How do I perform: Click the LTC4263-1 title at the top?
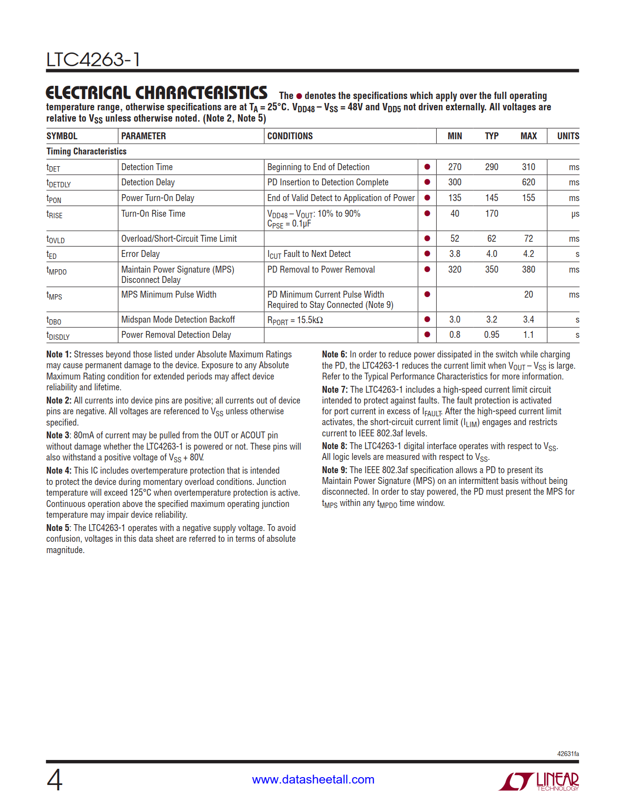[93, 60]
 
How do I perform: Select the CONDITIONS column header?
[290, 136]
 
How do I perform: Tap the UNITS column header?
[568, 136]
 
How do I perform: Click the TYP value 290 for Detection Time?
[491, 167]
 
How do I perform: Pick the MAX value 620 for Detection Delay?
[528, 182]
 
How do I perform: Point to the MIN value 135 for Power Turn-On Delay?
[454, 198]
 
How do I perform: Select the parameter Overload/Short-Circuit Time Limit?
[179, 239]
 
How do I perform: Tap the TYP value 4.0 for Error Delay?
[491, 254]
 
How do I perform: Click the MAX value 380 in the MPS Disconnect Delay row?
[528, 270]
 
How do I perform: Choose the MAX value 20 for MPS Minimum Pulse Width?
[528, 295]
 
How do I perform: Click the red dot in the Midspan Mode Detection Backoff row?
[427, 320]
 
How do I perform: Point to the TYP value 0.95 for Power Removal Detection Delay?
[491, 335]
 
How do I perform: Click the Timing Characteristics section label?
[86, 152]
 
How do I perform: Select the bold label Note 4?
[58, 471]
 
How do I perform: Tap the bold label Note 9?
[334, 470]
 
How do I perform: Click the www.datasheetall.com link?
[313, 780]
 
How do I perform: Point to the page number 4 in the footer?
[54, 780]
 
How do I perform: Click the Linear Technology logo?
[539, 781]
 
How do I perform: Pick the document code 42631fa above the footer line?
[568, 754]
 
